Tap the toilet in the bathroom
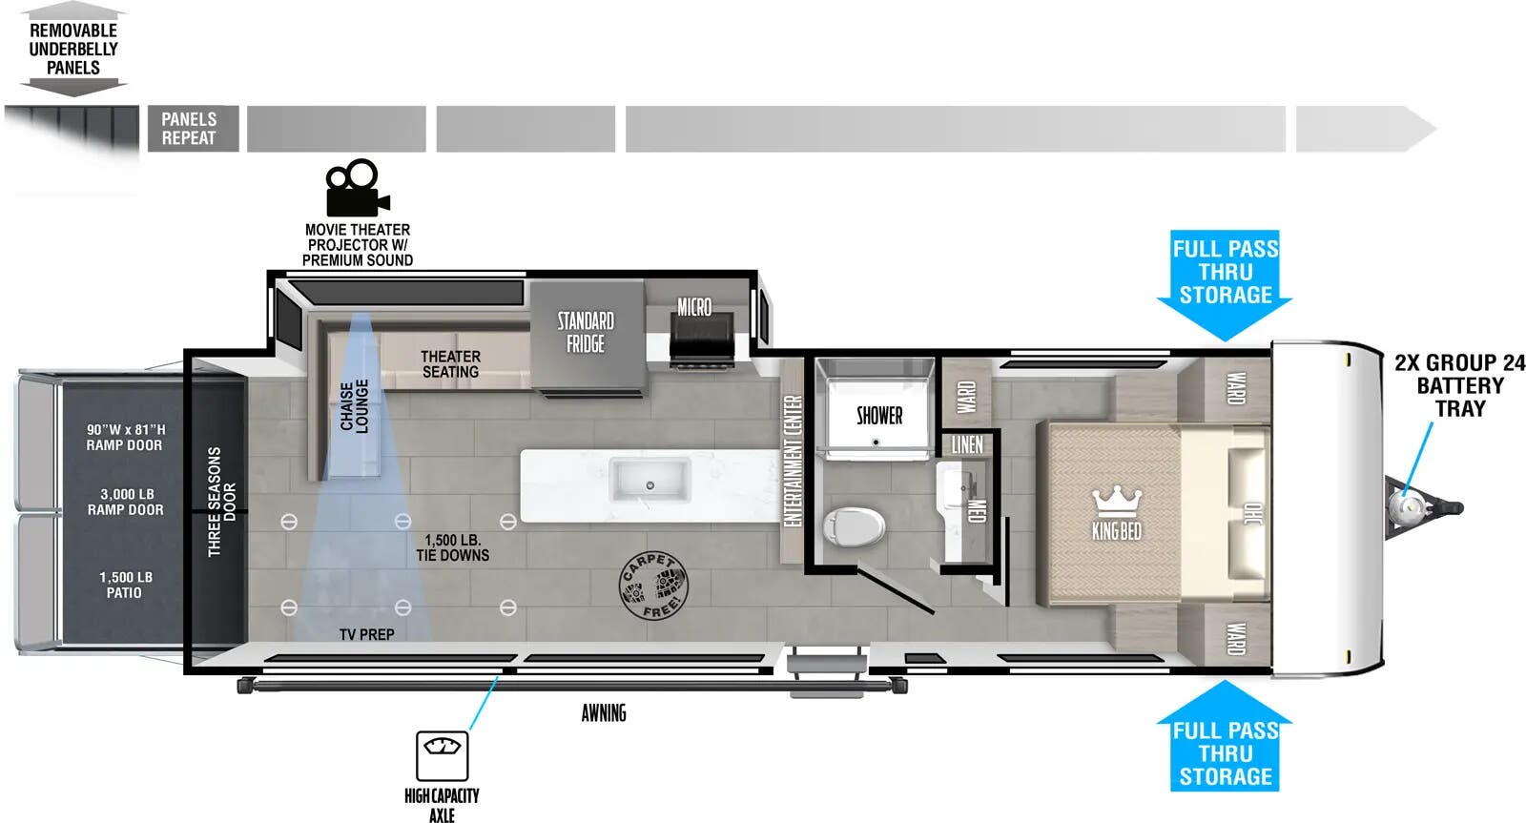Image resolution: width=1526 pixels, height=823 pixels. [855, 525]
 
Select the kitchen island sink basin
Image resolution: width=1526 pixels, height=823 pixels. [650, 479]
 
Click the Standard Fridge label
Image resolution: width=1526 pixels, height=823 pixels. [586, 332]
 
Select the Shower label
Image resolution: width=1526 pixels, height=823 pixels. [878, 416]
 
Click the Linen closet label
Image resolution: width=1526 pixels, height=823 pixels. [966, 444]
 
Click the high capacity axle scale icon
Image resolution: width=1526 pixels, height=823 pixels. [442, 755]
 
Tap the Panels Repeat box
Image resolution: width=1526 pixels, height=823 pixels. [190, 129]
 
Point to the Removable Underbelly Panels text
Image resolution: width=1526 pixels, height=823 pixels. [73, 49]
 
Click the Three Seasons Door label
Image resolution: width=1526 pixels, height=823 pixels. [221, 502]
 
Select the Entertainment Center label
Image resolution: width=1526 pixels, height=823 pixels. [792, 461]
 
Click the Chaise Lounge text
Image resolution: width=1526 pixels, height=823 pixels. [354, 407]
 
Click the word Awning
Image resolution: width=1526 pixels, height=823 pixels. [604, 712]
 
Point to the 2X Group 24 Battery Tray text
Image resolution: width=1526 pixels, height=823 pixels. [1459, 385]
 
